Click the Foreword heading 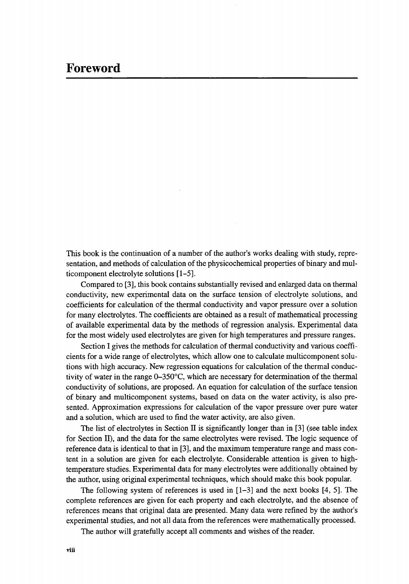coord(93,69)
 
